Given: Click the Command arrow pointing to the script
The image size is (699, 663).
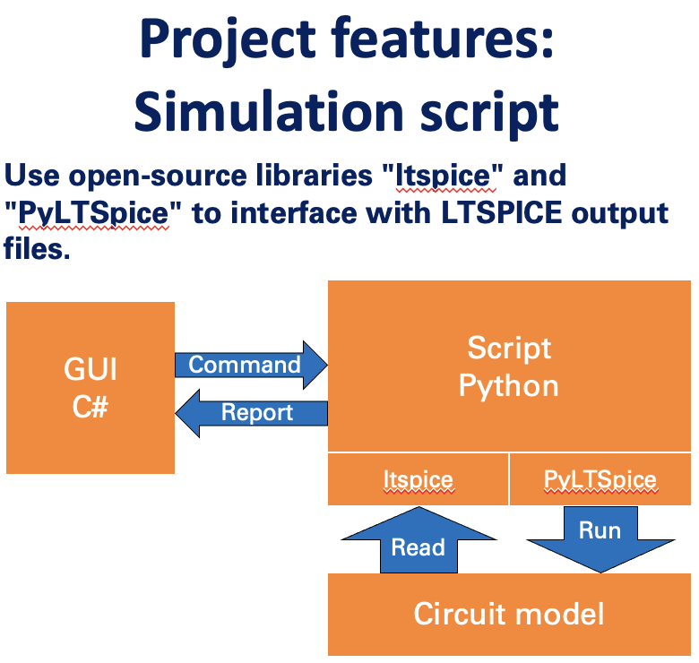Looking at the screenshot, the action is [251, 365].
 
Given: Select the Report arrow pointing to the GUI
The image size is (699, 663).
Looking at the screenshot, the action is [251, 413].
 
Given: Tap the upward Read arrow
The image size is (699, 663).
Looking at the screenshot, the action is [419, 539].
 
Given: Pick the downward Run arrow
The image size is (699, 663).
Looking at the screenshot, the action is [600, 539].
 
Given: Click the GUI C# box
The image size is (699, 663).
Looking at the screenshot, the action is [91, 388].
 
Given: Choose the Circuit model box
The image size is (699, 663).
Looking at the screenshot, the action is [509, 614].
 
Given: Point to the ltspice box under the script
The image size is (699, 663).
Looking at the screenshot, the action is [419, 479].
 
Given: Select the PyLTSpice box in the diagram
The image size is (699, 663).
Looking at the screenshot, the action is [600, 479].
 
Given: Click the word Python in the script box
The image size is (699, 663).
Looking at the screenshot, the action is [509, 386].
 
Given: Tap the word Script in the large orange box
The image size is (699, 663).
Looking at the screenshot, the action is [509, 348].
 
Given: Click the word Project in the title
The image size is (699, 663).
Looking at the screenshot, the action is [228, 40].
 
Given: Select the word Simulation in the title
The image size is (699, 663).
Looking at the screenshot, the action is [269, 111].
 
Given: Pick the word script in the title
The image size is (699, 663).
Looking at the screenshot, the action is [489, 115].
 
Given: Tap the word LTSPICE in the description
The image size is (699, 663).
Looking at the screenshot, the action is [502, 212].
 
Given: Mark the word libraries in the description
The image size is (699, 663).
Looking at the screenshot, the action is [315, 174].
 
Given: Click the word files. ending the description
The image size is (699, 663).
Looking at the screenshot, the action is [37, 248].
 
